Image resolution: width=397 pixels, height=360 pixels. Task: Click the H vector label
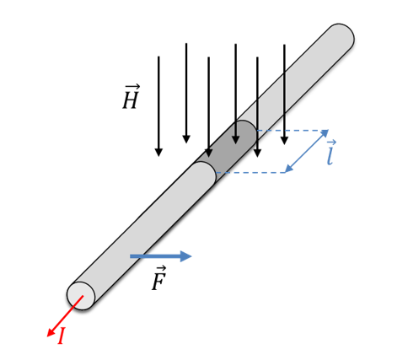(131, 96)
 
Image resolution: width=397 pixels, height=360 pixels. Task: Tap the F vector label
(159, 277)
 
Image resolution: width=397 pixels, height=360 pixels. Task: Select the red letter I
(62, 336)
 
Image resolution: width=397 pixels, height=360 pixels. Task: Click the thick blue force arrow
(161, 256)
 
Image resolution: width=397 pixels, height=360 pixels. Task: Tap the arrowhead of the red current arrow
(51, 332)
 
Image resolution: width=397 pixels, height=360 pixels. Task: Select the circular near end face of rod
(81, 296)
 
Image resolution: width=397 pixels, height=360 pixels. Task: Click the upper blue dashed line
(292, 131)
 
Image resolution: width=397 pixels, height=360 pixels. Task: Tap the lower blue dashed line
(250, 173)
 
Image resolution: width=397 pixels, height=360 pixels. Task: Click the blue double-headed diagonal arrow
(306, 151)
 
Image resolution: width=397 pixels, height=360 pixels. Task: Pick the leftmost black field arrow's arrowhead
(158, 152)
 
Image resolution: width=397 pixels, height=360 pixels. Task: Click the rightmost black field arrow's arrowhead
(284, 141)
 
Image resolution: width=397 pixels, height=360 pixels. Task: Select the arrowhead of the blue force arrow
(185, 256)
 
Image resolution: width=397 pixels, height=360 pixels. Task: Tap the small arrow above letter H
(132, 86)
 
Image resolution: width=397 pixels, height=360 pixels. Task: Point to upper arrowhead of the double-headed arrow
(325, 133)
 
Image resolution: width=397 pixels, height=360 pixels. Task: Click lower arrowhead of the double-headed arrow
(289, 169)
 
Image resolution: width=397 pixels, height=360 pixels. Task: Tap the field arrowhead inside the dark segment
(236, 140)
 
